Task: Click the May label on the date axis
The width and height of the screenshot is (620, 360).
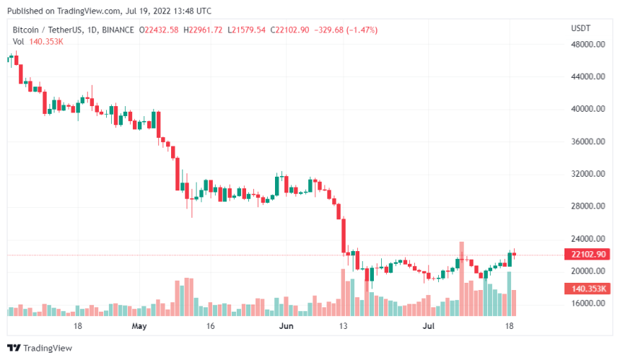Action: (x=139, y=326)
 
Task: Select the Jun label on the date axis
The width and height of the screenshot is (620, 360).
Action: (x=287, y=326)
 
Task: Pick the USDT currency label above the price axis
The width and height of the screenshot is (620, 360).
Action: (x=581, y=28)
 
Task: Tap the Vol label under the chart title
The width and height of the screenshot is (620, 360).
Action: (x=17, y=41)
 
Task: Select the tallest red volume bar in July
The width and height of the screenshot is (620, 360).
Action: (x=461, y=278)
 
